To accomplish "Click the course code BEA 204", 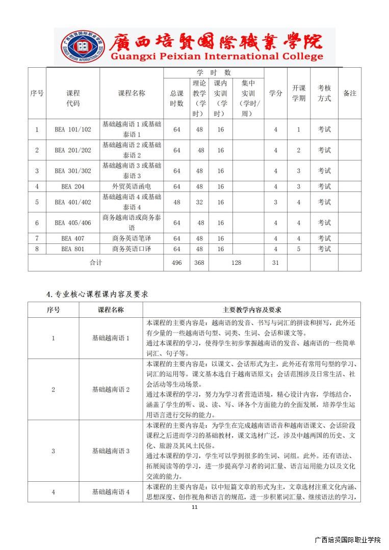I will point(73,187).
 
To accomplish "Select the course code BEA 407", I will point(73,238).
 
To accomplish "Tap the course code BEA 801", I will point(73,249).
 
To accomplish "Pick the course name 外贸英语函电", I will point(132,187).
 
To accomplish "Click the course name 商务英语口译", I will point(132,249).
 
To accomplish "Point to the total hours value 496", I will point(177,263).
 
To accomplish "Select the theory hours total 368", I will point(200,263).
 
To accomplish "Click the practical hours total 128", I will point(236,263).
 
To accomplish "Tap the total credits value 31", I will point(276,263).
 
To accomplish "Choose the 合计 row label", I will point(96,263).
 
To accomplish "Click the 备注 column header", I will point(350,93).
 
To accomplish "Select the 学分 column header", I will point(276,93).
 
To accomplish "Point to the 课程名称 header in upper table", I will point(132,93).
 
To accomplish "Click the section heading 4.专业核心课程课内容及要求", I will point(97,294).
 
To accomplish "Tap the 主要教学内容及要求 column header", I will point(252,310).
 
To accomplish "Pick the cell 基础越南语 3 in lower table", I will point(111,451).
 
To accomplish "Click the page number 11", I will point(194,507).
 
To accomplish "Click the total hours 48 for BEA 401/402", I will point(177,202).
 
